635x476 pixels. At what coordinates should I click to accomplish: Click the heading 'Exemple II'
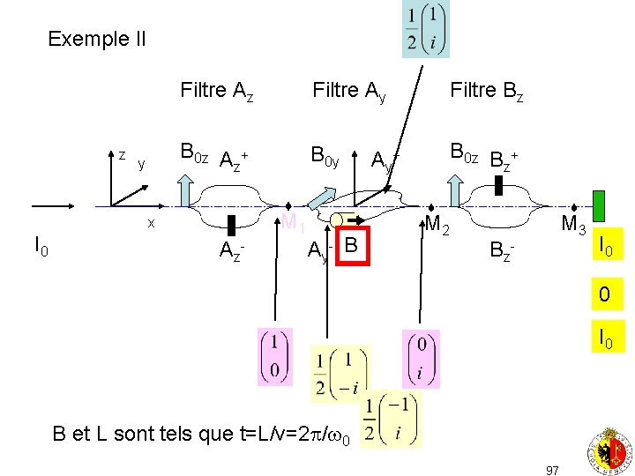click(x=97, y=39)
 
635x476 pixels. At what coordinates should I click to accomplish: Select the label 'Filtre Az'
click(x=217, y=91)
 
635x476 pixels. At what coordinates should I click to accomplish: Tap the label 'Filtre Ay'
click(x=349, y=91)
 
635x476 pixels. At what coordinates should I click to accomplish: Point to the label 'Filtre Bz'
click(x=486, y=91)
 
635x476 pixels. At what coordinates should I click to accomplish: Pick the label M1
click(x=293, y=225)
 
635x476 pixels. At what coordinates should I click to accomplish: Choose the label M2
click(x=437, y=227)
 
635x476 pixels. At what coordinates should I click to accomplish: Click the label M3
click(x=573, y=227)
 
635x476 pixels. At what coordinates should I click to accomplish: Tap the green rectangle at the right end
click(x=599, y=205)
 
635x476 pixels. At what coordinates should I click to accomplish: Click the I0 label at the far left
click(x=41, y=247)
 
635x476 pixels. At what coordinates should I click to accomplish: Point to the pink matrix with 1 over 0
click(x=274, y=355)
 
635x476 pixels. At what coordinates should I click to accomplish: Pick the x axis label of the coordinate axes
click(x=151, y=223)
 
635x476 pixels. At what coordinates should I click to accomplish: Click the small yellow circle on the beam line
click(x=337, y=219)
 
